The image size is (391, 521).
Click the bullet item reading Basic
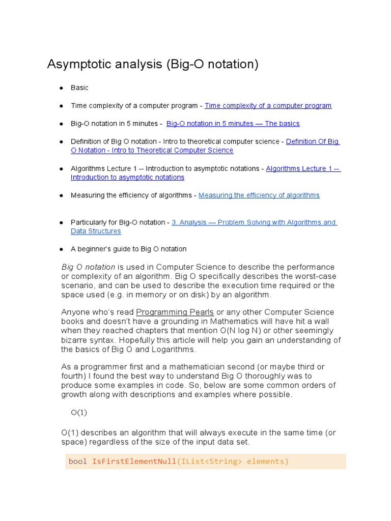click(x=79, y=88)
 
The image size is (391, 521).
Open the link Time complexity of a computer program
click(x=268, y=106)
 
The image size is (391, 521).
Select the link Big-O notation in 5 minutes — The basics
click(x=233, y=124)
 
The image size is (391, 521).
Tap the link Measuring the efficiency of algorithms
click(x=259, y=195)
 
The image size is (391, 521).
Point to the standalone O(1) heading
click(x=79, y=413)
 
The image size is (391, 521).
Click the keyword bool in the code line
click(x=78, y=461)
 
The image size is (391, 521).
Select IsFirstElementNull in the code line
click(x=134, y=461)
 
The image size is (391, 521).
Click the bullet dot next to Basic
click(x=61, y=88)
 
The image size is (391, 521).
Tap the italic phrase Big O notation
click(x=88, y=267)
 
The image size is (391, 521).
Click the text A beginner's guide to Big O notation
click(x=129, y=249)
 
